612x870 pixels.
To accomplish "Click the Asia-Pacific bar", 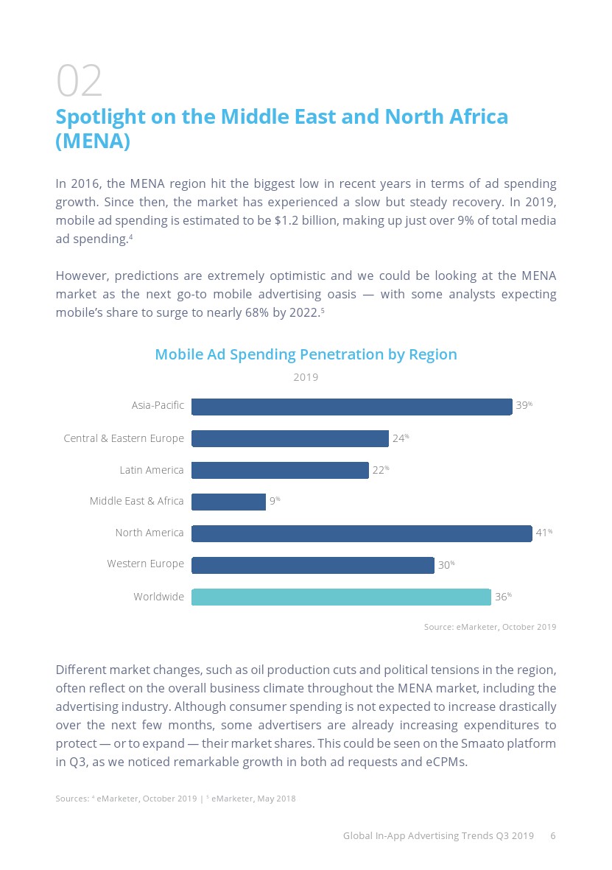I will click(351, 407).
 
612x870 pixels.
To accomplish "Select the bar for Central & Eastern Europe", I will click(289, 438).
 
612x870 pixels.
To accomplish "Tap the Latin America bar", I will click(280, 470).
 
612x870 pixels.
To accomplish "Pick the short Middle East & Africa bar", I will click(228, 502).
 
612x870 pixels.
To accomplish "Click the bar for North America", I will click(361, 533).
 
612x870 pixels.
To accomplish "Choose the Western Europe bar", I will click(312, 565).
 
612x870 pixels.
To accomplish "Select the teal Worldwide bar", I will click(341, 597).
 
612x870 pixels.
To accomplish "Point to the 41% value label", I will click(544, 533).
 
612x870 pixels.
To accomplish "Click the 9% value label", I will click(274, 501).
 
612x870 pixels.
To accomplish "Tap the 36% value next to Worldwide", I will click(503, 597).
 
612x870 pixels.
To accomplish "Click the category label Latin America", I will click(152, 470).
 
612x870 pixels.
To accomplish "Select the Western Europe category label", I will click(145, 564).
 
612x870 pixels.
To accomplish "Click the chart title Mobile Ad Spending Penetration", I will click(306, 354).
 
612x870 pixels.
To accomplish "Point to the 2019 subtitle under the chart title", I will click(306, 377).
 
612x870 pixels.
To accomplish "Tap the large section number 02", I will click(79, 81).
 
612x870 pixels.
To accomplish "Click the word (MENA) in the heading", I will click(93, 141).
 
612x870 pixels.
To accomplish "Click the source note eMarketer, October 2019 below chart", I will click(490, 627).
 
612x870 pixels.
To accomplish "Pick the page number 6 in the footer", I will click(553, 836).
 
